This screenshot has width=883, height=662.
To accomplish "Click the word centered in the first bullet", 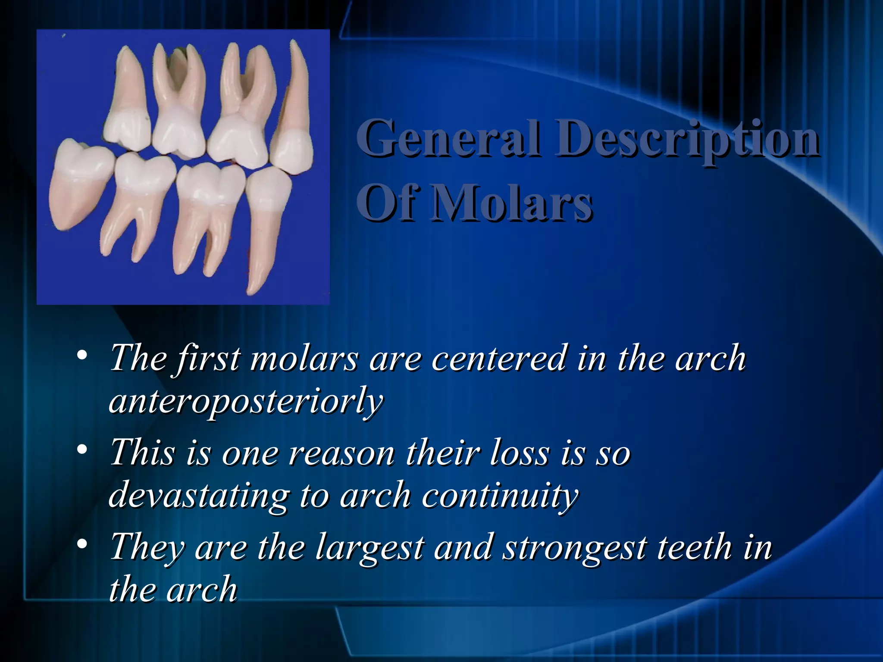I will [498, 358].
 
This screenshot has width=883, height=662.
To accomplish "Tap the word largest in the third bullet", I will [369, 548].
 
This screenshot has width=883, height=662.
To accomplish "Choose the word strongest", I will [576, 548].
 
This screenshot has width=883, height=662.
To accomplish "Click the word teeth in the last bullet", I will [694, 547].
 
